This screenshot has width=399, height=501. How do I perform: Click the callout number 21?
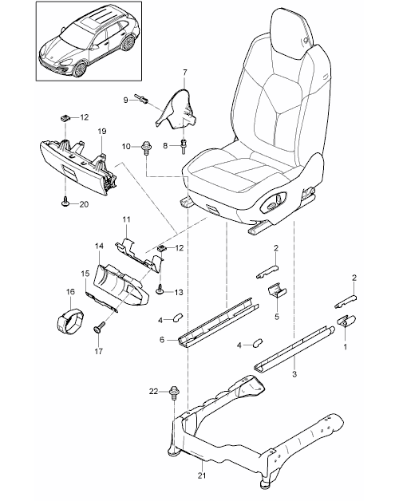(x=201, y=475)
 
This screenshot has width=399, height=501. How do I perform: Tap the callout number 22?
(x=153, y=391)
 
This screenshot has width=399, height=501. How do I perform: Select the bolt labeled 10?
(x=146, y=148)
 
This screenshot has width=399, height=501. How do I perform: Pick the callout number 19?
(x=102, y=131)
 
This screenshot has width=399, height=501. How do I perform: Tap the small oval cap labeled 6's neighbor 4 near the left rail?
(x=176, y=318)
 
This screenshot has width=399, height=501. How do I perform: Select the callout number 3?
(x=294, y=374)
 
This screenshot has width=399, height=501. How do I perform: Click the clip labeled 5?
(x=277, y=290)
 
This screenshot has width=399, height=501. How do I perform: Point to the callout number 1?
(x=346, y=346)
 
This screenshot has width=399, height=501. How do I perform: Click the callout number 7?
(x=185, y=72)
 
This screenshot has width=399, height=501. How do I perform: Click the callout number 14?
(x=99, y=246)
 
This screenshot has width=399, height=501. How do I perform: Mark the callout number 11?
(x=126, y=219)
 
